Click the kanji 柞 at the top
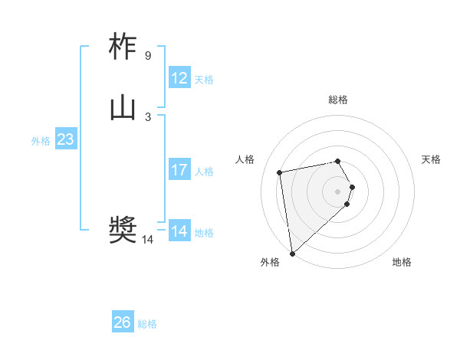(x=123, y=47)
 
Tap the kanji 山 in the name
(x=123, y=109)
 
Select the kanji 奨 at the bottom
(x=123, y=230)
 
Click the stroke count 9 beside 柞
(x=147, y=56)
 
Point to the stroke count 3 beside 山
(x=147, y=117)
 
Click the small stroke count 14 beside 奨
(x=147, y=240)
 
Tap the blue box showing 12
(x=179, y=78)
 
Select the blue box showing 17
(x=179, y=170)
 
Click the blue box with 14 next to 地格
(x=179, y=231)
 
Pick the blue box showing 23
(x=65, y=139)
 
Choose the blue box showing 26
(x=123, y=322)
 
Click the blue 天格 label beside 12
(x=204, y=80)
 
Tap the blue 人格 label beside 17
(x=204, y=172)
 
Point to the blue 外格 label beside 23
(x=41, y=141)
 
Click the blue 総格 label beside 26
(x=147, y=324)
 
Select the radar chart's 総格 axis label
(x=338, y=100)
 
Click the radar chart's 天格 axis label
(x=431, y=159)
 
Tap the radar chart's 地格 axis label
(x=402, y=262)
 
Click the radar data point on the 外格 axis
(x=291, y=253)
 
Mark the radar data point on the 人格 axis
(x=280, y=172)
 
